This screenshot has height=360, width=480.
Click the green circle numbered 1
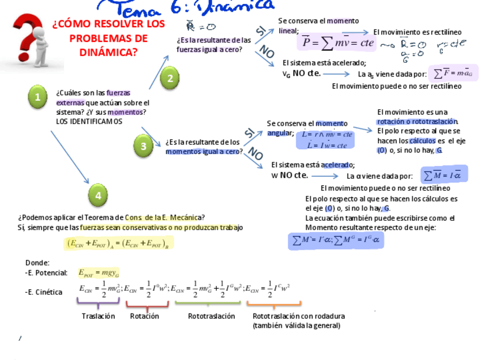tap(38, 97)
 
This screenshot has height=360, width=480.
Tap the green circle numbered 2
tap(170, 78)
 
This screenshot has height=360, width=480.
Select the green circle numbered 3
tap(143, 147)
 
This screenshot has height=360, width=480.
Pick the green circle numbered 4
tap(98, 195)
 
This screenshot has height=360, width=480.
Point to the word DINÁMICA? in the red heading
tap(108, 52)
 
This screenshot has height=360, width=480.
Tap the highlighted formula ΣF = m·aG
tap(453, 73)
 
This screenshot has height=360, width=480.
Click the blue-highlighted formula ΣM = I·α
tap(444, 175)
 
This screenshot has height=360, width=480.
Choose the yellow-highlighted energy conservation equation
tap(118, 244)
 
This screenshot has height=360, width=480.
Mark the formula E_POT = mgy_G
tap(98, 273)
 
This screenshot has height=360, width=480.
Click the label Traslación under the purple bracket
tap(98, 316)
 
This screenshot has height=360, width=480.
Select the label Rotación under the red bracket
tap(144, 316)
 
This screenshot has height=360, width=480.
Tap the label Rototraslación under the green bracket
tap(211, 316)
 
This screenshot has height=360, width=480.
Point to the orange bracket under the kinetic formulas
tap(273, 305)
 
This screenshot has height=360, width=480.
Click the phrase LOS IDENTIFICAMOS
tap(89, 121)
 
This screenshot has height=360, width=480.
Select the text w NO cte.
tap(289, 175)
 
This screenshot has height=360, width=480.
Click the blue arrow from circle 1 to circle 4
tap(70, 157)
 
